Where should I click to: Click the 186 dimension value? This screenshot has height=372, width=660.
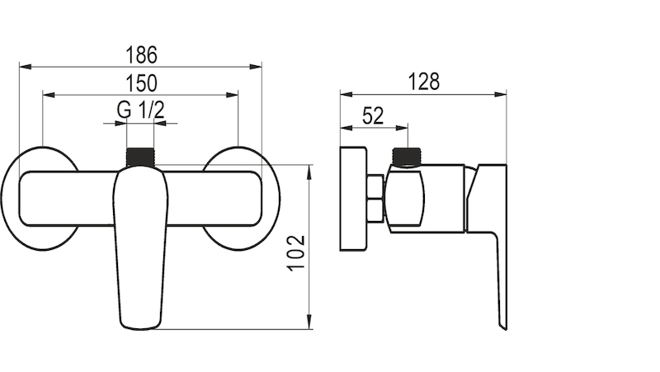point(141,55)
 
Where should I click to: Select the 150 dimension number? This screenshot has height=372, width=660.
point(141,83)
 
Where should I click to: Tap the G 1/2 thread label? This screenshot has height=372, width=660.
point(140,110)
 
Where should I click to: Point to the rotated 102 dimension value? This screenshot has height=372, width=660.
point(297,252)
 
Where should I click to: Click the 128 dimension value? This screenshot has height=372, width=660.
point(424,82)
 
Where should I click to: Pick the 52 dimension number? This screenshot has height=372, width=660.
point(373,115)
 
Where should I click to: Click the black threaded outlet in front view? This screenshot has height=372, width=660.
point(140,158)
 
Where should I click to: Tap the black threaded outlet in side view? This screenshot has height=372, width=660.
point(406,157)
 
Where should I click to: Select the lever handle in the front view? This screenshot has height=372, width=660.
point(140,247)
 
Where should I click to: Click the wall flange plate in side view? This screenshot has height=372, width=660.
point(353,199)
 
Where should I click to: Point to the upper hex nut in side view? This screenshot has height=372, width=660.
point(375,187)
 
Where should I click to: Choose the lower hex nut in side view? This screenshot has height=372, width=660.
point(375,210)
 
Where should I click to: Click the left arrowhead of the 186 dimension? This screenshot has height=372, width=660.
point(26,67)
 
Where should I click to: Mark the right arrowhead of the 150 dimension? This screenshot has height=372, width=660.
point(232,95)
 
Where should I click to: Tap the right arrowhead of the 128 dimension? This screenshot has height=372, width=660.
point(501,94)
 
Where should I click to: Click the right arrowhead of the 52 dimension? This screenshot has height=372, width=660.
point(402,128)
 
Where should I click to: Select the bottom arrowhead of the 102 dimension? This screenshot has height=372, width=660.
point(310,323)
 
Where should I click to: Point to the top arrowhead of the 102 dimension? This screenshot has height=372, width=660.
point(310,172)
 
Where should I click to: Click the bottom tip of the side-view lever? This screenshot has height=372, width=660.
point(506,329)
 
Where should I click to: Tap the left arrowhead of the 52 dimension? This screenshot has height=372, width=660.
point(346,128)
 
